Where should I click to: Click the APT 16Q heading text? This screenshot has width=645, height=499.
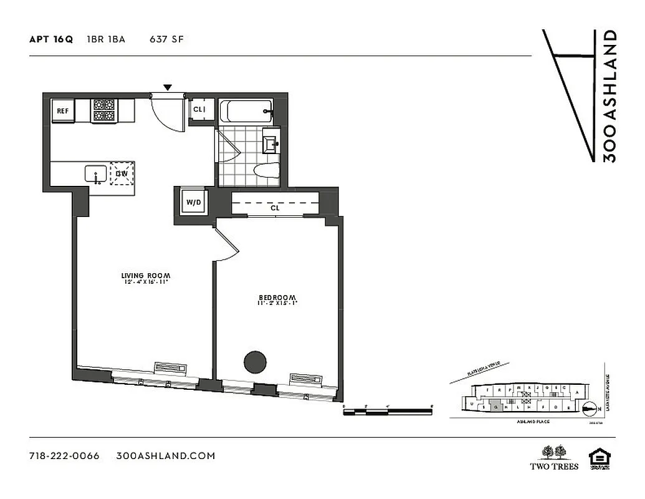click(x=51, y=39)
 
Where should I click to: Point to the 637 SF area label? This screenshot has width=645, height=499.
click(x=166, y=39)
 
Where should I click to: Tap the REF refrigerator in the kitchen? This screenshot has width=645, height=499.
click(x=63, y=111)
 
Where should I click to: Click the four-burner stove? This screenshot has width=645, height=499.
click(x=104, y=110)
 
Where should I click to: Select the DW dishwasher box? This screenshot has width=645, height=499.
click(x=122, y=173)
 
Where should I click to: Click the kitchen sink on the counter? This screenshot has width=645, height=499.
click(x=95, y=174)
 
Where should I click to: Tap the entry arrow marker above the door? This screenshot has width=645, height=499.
click(x=167, y=87)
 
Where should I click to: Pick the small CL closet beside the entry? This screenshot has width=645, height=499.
click(x=199, y=109)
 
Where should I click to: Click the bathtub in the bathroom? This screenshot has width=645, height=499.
click(x=247, y=112)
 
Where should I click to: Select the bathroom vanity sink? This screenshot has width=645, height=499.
click(x=271, y=143)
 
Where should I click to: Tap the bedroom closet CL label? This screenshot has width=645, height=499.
click(x=275, y=208)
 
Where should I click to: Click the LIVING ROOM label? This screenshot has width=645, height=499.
click(x=146, y=275)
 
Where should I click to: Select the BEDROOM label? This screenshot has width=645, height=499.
click(x=277, y=297)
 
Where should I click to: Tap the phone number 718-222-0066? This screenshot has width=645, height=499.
click(x=64, y=455)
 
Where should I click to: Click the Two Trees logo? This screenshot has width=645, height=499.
click(x=553, y=457)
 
